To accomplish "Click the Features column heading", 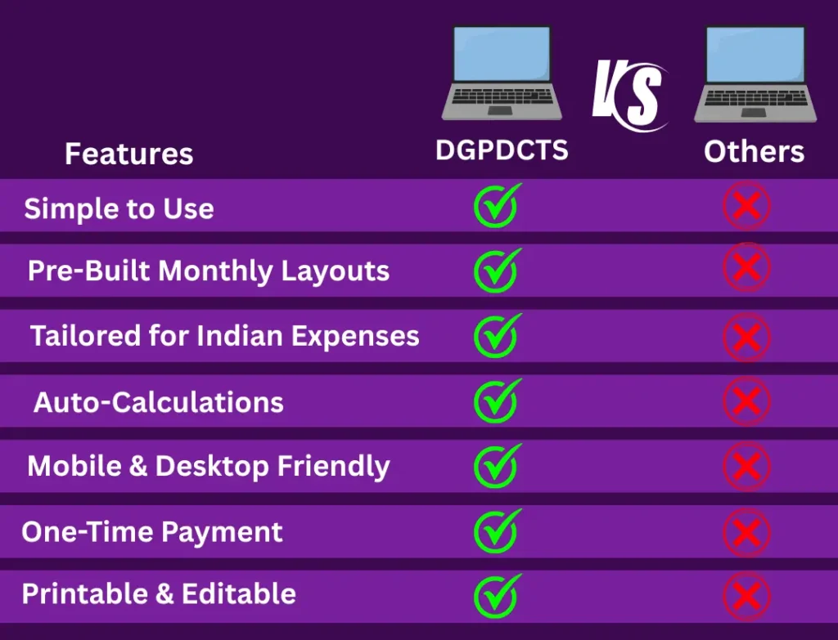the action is coord(128,154).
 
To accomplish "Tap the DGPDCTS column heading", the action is coord(502,150).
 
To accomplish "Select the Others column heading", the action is coord(754,151).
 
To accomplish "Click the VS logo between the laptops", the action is coord(629,95).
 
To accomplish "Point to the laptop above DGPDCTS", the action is coord(502,73).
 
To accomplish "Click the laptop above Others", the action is coord(755,74).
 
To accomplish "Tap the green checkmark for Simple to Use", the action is coord(497,205).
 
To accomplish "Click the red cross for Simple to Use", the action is coord(746,206).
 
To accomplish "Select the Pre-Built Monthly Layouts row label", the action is coord(209,271).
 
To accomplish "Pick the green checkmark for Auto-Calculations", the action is coord(497,401).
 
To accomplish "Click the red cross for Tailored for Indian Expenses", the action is coord(746,337).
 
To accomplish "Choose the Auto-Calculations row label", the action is coord(158,402).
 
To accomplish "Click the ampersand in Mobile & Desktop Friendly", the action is coord(137,465).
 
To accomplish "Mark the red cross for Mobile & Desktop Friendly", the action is coord(746,466).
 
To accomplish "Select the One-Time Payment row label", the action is coord(151,532).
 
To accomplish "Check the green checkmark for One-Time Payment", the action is coord(497,531).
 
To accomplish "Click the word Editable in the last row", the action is coord(239,593).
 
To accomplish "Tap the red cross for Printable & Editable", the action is coord(746,596).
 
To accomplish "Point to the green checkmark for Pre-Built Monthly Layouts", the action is coord(497,270).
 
